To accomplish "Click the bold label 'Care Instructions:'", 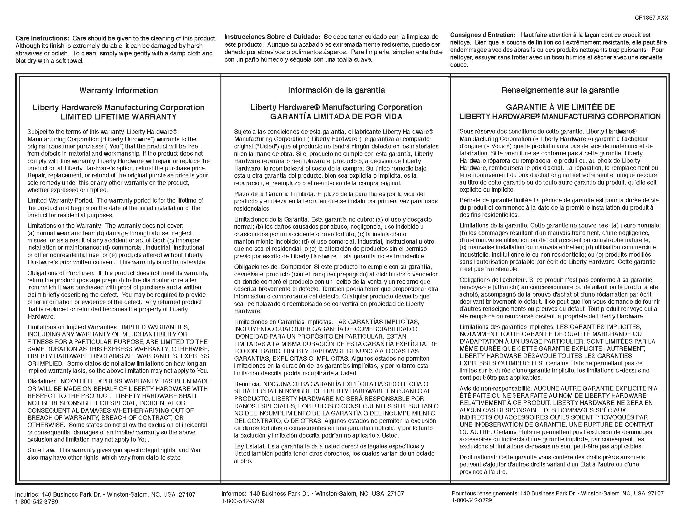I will pos(42,39).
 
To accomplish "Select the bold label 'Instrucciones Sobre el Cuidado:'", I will pos(272,37).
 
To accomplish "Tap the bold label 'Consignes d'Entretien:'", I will pos(483,35).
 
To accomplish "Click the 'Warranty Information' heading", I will pos(119,91).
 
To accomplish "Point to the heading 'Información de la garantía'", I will pos(336,90).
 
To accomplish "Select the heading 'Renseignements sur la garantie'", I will pos(560,90).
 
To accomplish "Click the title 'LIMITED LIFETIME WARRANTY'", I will pos(119,117).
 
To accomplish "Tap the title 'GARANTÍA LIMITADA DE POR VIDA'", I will pos(336,117).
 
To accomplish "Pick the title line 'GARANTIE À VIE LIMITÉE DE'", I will pos(560,107).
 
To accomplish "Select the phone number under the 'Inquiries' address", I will pos(37,502).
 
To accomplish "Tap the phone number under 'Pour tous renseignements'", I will pos(471,500).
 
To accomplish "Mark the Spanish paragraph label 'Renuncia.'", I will pos(247,384).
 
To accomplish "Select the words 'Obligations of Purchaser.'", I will pos(60,273).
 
